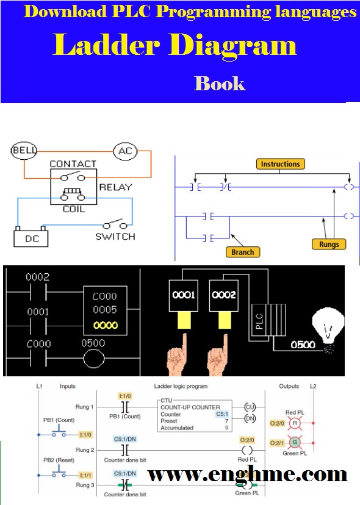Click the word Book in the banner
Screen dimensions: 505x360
click(220, 83)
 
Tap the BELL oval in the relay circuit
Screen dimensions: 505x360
click(25, 150)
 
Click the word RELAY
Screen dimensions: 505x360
click(115, 187)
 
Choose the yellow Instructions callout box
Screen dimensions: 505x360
click(280, 164)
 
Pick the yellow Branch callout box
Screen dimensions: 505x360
click(242, 251)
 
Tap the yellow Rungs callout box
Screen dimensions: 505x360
click(333, 245)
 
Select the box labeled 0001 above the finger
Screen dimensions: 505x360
click(183, 295)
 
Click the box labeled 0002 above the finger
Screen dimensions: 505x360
click(223, 295)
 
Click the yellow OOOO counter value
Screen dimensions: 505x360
click(106, 326)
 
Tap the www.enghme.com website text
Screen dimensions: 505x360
click(248, 475)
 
